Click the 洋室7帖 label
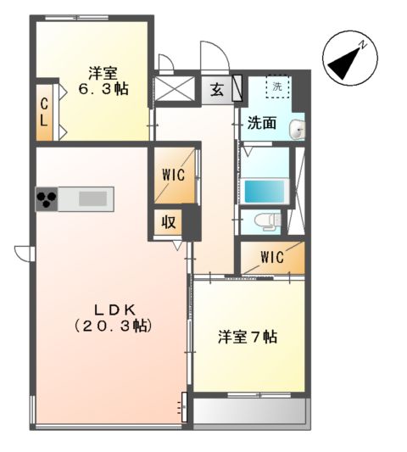click(247, 336)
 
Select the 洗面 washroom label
click(261, 123)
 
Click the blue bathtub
click(264, 191)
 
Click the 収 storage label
click(169, 223)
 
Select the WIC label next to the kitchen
click(174, 176)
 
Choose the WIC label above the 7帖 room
click(271, 257)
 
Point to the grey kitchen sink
click(93, 199)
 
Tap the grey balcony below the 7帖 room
click(250, 413)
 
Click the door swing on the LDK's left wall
click(23, 252)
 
